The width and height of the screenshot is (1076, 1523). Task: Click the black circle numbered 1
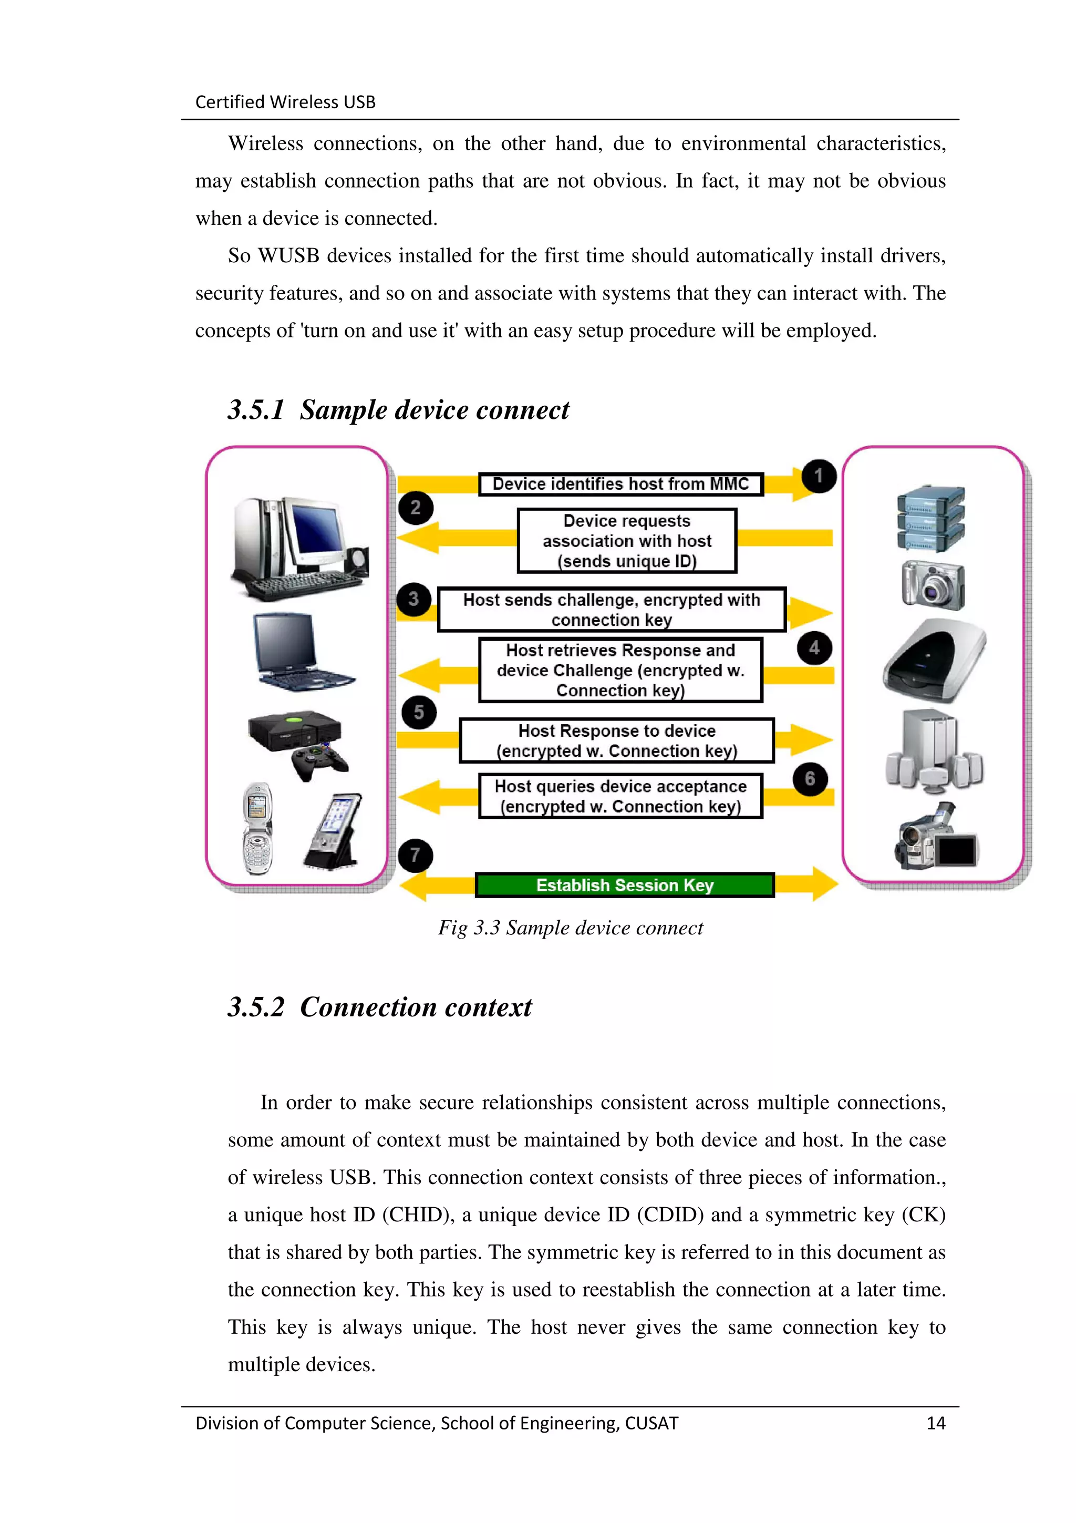pos(818,476)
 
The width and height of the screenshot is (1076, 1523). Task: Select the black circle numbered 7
pos(415,855)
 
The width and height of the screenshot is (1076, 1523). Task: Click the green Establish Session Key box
pos(625,885)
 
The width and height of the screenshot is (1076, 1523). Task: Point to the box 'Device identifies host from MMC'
pos(620,484)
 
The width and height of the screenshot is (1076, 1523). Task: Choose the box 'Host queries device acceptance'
pos(620,796)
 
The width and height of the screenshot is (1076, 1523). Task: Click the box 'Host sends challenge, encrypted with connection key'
pos(611,610)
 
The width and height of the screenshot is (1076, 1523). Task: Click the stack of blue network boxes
pos(931,518)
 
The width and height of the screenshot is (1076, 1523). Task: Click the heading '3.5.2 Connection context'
pos(379,1007)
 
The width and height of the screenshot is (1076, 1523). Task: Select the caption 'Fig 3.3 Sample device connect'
pos(570,928)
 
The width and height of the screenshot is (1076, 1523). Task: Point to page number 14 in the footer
pos(935,1423)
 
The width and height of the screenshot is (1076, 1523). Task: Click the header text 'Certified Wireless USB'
pos(285,101)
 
